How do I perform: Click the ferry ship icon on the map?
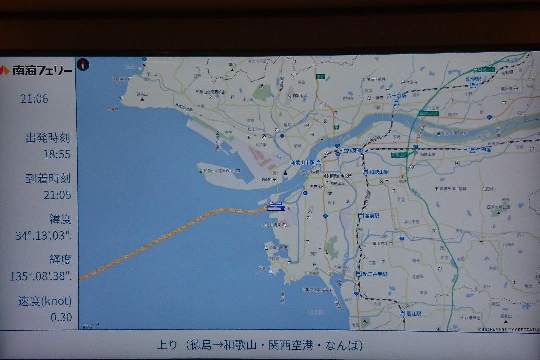tap(276, 206)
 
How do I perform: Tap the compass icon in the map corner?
tap(83, 64)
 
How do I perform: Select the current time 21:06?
tap(34, 99)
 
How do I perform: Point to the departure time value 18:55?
tap(57, 154)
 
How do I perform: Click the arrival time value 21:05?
tap(57, 195)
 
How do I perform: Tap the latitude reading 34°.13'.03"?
tap(43, 236)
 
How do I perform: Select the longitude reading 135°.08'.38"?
tap(41, 276)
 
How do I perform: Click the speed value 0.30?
tap(61, 317)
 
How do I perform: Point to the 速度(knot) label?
tap(45, 301)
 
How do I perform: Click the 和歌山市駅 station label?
tap(303, 163)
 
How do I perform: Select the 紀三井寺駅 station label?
tap(375, 274)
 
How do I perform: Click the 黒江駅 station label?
tap(413, 313)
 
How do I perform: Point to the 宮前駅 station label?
tap(371, 215)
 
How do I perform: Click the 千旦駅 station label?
tap(483, 150)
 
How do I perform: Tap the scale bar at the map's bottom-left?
tap(90, 325)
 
